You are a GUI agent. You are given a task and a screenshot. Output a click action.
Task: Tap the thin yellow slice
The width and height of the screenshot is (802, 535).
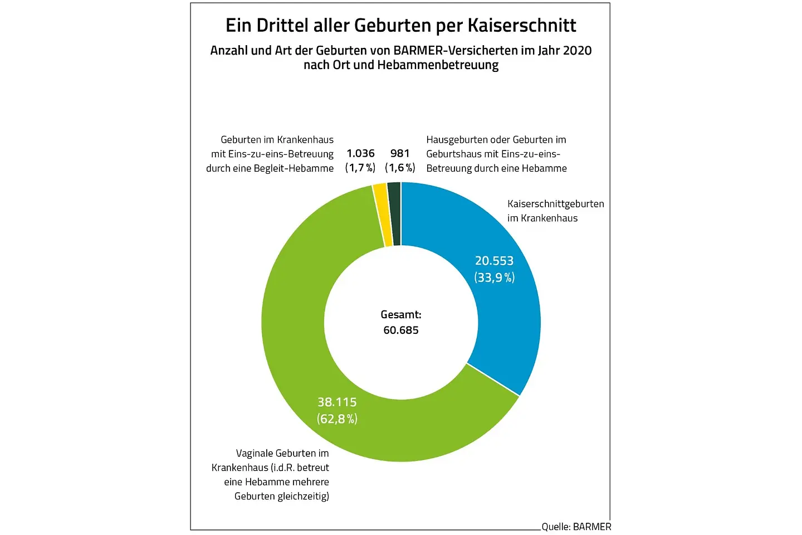click(x=382, y=215)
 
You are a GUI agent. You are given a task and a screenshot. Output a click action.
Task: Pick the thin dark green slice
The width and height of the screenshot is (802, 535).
click(x=394, y=213)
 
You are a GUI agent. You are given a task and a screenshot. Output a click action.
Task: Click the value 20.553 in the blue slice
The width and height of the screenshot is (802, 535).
click(x=494, y=261)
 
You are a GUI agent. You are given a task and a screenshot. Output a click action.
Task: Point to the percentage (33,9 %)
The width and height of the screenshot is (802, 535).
click(x=494, y=278)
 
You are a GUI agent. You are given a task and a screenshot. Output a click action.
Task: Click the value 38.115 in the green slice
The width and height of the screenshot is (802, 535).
click(x=337, y=402)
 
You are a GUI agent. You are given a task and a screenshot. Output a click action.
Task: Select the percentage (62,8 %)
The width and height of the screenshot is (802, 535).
click(x=337, y=419)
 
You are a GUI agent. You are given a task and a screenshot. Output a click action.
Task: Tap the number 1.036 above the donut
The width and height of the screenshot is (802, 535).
click(x=360, y=153)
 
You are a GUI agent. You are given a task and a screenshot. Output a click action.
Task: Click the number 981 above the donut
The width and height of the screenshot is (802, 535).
click(x=400, y=153)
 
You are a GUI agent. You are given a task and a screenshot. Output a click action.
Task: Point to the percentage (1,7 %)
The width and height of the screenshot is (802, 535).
click(x=360, y=168)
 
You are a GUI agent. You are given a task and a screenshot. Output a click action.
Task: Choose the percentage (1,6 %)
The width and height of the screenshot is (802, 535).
click(x=400, y=168)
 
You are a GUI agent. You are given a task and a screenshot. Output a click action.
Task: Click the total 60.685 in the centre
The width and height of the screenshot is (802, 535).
click(x=401, y=330)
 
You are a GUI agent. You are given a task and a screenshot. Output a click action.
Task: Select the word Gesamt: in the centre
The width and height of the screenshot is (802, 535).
click(x=401, y=314)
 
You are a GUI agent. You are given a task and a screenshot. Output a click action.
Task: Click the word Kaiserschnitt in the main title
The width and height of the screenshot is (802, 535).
click(x=522, y=26)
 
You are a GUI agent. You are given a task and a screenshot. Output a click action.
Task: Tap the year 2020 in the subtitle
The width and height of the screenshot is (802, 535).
click(x=577, y=51)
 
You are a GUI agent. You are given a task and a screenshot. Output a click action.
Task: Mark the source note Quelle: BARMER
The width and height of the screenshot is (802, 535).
click(x=576, y=527)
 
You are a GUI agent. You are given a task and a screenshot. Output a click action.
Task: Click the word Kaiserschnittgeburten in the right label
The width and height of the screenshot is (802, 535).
click(x=555, y=204)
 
